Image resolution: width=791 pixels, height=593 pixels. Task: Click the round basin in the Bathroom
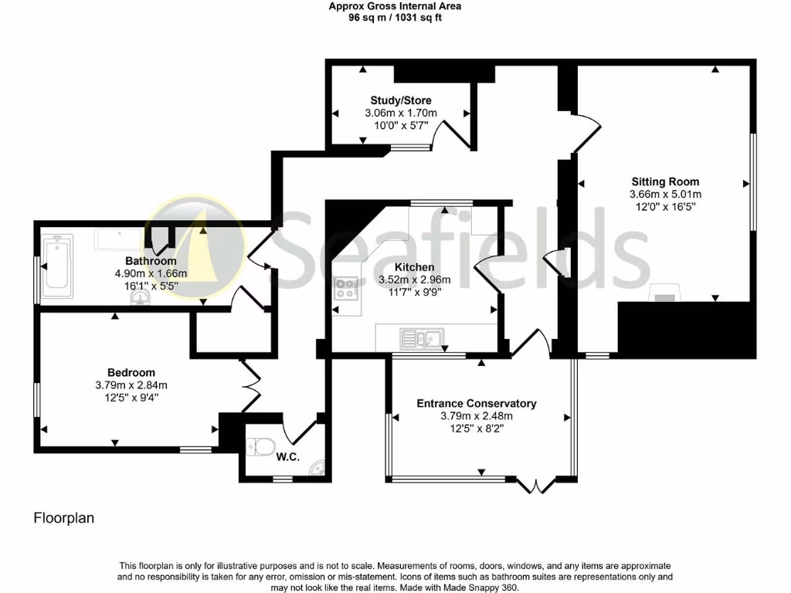141,296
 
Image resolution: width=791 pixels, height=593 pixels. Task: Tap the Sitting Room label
666,182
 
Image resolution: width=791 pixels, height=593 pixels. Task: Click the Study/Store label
401,100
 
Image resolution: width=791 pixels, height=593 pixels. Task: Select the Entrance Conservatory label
477,403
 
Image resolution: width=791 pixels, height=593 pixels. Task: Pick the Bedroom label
131,372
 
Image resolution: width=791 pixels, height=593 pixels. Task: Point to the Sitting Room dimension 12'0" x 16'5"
666,206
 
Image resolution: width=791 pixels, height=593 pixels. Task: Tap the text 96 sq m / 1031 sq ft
395,17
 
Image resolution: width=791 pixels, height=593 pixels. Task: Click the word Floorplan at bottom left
63,518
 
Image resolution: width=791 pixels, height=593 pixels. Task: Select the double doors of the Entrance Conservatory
535,484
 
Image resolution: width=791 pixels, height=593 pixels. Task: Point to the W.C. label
287,457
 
